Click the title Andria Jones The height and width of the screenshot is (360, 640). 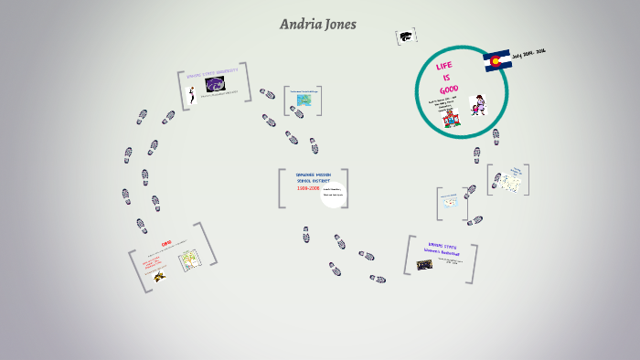(318, 25)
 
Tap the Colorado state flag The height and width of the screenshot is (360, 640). (496, 61)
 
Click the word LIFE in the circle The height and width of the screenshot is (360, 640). (444, 67)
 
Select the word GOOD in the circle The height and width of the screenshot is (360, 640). (447, 90)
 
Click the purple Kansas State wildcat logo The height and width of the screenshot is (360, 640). (216, 85)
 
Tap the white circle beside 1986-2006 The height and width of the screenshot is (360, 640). (332, 193)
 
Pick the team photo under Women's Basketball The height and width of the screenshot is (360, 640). (425, 265)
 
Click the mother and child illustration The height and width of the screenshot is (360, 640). (477, 106)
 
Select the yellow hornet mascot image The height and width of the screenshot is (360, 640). (159, 274)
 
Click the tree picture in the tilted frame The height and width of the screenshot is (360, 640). (190, 263)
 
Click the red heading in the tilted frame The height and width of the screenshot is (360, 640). (166, 244)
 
